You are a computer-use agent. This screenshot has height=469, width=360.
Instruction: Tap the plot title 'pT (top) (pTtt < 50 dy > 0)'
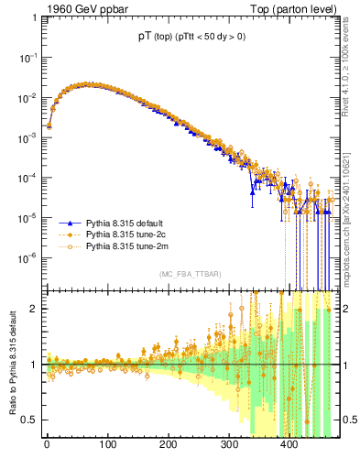point(190,38)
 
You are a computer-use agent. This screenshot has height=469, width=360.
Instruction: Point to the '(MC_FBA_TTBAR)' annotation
point(190,274)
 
